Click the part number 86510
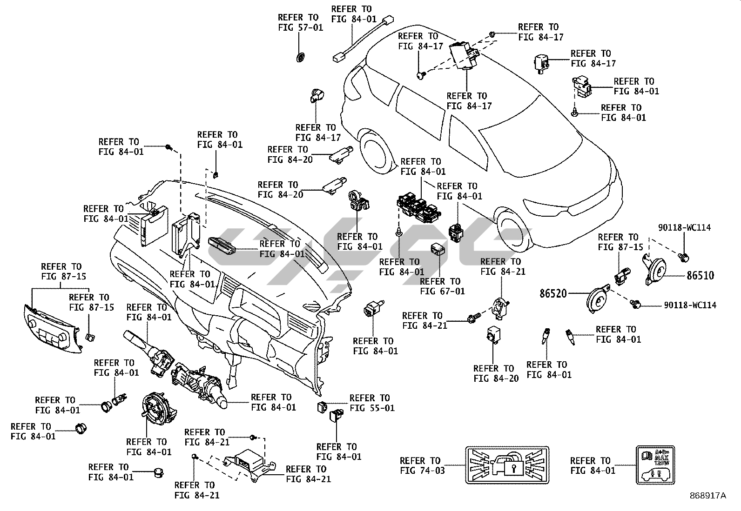pyautogui.click(x=700, y=275)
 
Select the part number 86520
pyautogui.click(x=553, y=293)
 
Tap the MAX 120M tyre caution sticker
pyautogui.click(x=655, y=465)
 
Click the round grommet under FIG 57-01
pyautogui.click(x=301, y=57)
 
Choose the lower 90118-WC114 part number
pyautogui.click(x=690, y=305)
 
